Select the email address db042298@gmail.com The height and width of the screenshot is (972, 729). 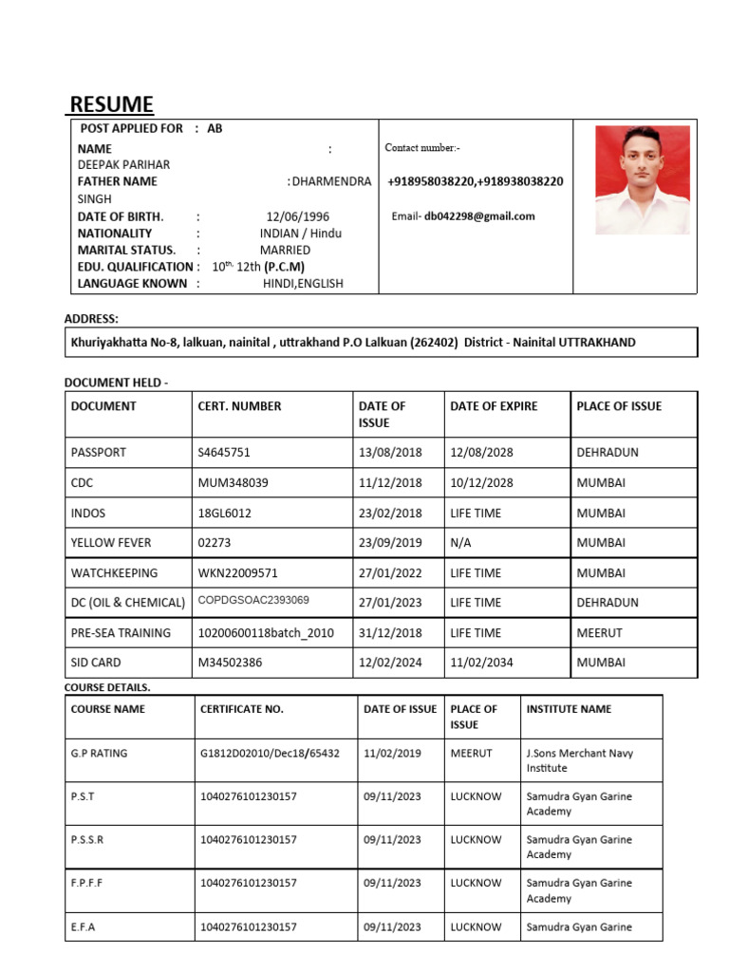click(479, 216)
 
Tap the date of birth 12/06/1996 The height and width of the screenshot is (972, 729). click(296, 216)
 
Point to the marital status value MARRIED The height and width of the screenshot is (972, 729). click(285, 250)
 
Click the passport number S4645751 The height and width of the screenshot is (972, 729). click(224, 453)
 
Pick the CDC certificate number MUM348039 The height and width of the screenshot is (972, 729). click(233, 483)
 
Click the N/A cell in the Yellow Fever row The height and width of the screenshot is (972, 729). click(462, 543)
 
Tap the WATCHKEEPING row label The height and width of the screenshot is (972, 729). click(114, 573)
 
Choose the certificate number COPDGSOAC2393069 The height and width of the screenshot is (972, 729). click(253, 601)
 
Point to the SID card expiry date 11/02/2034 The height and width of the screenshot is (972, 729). click(481, 663)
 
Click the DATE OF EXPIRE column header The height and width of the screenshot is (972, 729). click(494, 406)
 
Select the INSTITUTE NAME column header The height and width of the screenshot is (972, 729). click(569, 709)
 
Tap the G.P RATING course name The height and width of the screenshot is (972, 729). click(99, 754)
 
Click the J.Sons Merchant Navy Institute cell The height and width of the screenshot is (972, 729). click(579, 760)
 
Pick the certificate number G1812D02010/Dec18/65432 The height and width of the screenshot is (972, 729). click(270, 754)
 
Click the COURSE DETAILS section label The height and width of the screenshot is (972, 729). click(107, 686)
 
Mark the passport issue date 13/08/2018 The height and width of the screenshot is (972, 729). click(390, 453)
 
